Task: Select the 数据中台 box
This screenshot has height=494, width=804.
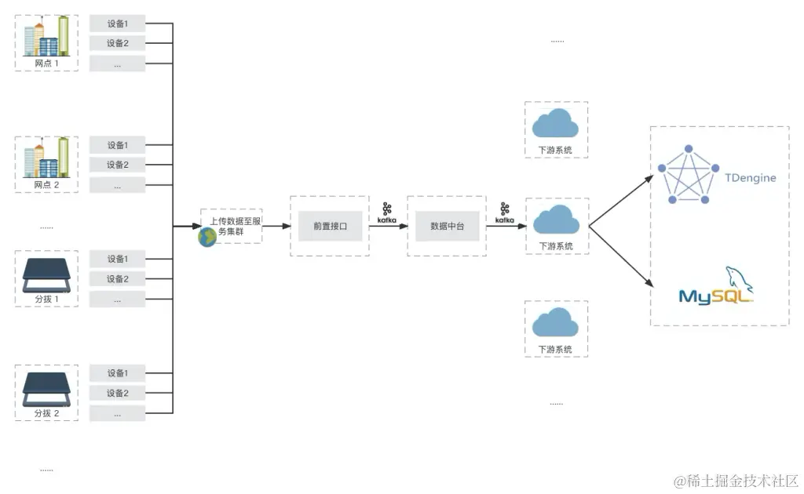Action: coord(448,226)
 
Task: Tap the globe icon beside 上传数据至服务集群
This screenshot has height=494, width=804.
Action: coord(207,238)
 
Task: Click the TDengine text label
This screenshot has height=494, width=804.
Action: coord(751,178)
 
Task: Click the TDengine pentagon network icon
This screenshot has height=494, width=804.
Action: coord(688,174)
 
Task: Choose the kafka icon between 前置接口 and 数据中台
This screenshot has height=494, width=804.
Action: coord(387,212)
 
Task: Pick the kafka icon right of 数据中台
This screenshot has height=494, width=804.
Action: coord(504,212)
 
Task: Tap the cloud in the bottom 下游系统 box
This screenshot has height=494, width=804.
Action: coord(556,322)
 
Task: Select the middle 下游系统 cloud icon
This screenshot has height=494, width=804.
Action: coord(556,220)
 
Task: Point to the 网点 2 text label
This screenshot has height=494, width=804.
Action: coord(46,185)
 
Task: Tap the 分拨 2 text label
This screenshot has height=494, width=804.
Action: coord(46,413)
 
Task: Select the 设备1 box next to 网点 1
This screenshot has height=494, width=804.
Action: coord(117,24)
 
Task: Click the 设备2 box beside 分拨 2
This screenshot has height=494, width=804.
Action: coord(117,393)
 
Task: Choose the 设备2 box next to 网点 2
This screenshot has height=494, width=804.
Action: coord(117,165)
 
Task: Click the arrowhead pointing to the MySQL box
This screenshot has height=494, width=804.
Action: coord(650,285)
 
